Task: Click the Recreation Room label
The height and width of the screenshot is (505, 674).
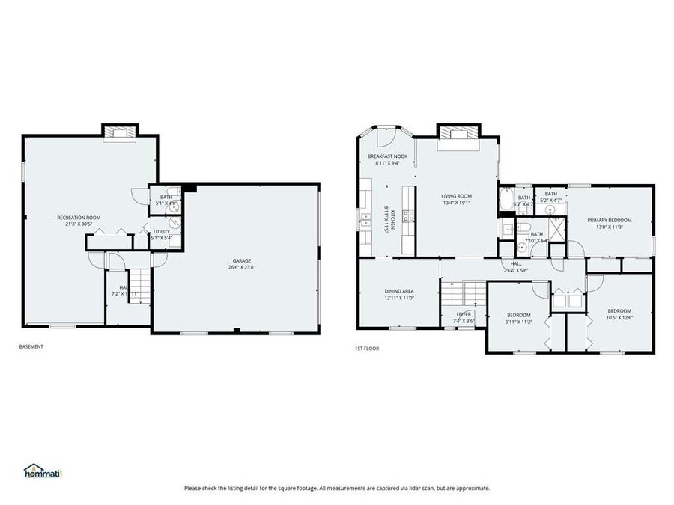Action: (x=79, y=218)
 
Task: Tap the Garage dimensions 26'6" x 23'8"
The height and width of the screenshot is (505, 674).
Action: (x=240, y=267)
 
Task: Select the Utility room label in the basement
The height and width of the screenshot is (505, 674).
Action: (x=161, y=231)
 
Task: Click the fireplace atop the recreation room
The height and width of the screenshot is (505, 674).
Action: (x=120, y=133)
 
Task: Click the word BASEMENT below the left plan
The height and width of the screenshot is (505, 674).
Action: (x=31, y=346)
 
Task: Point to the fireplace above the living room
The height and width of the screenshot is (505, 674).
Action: (x=456, y=133)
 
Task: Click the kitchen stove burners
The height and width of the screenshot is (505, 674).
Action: (x=409, y=215)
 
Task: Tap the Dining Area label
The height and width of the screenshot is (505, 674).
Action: (x=399, y=291)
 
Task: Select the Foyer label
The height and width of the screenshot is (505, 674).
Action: (x=464, y=314)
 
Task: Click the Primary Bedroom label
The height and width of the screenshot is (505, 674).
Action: (x=609, y=220)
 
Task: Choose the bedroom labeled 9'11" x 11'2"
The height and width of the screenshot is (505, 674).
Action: (x=518, y=318)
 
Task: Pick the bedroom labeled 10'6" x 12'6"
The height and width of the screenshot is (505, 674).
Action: (x=619, y=314)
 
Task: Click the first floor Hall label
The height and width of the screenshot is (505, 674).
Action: (x=516, y=263)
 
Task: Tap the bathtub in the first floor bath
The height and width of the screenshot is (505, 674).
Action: (x=505, y=201)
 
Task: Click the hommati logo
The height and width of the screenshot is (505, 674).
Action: (x=43, y=471)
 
